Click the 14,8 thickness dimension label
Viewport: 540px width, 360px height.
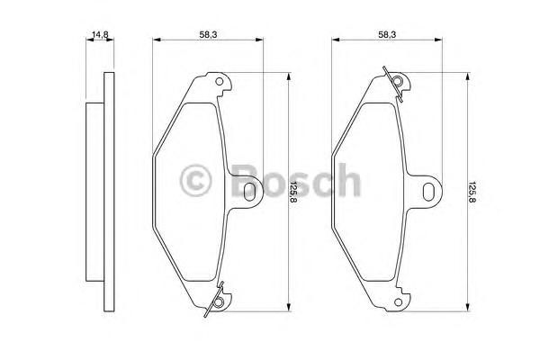[100, 34]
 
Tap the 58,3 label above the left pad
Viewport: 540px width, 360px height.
[209, 34]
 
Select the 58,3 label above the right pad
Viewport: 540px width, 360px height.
[387, 34]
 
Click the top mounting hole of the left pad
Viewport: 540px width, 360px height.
[219, 82]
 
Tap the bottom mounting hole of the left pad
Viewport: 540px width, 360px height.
[218, 302]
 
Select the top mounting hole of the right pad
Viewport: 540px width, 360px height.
[398, 82]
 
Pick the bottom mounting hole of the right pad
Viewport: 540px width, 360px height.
[398, 302]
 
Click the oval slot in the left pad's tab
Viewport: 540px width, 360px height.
[249, 192]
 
